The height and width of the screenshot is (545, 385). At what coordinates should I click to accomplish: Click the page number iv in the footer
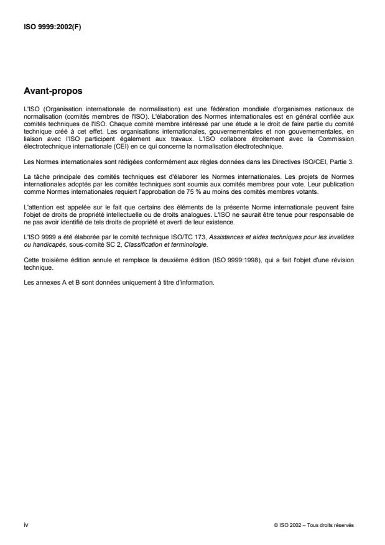(26, 525)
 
